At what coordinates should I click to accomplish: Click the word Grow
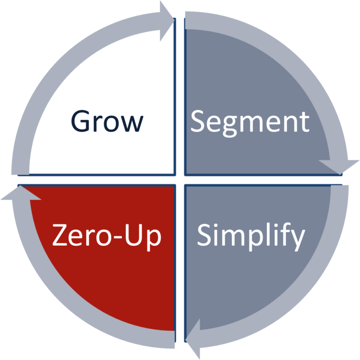pyautogui.click(x=107, y=121)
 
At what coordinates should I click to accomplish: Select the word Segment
pyautogui.click(x=250, y=122)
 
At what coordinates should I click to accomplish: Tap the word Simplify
pyautogui.click(x=250, y=236)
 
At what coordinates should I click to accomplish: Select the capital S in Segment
pyautogui.click(x=200, y=121)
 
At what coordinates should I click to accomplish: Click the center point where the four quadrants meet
pyautogui.click(x=180, y=180)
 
